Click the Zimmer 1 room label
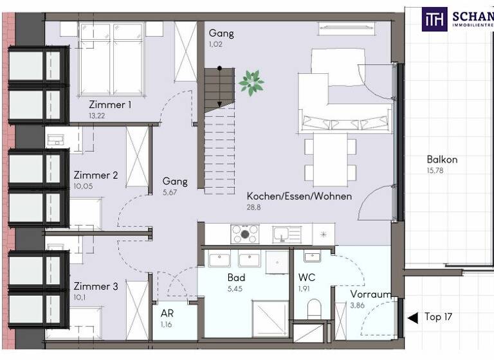tap(111, 104)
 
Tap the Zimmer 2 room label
tap(96, 175)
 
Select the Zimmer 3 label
tap(96, 286)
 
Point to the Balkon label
tap(442, 159)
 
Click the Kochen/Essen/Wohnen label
tap(299, 196)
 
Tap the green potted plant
tap(251, 81)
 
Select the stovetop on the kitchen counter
tap(245, 233)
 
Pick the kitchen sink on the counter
tap(282, 233)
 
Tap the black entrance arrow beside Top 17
tap(412, 317)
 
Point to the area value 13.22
tap(97, 116)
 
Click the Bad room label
tap(237, 278)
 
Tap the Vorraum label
tap(370, 294)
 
